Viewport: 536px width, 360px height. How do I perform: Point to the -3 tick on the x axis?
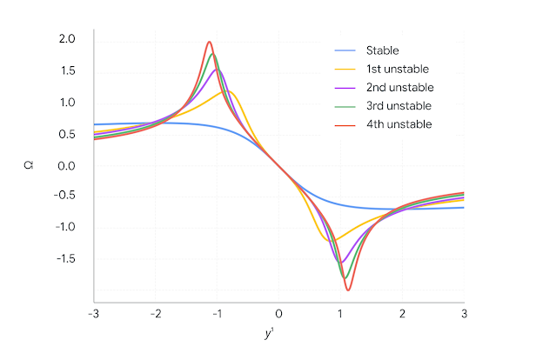click(x=93, y=313)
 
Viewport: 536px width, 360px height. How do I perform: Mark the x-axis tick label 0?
click(x=278, y=313)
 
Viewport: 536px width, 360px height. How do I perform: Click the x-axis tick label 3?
click(x=464, y=313)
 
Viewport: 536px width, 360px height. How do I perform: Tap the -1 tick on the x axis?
click(x=217, y=313)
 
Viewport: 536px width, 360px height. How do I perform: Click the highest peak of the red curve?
click(x=209, y=42)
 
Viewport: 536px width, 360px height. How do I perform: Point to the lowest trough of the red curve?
click(x=348, y=290)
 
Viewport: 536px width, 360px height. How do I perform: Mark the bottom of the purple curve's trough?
click(x=341, y=262)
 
